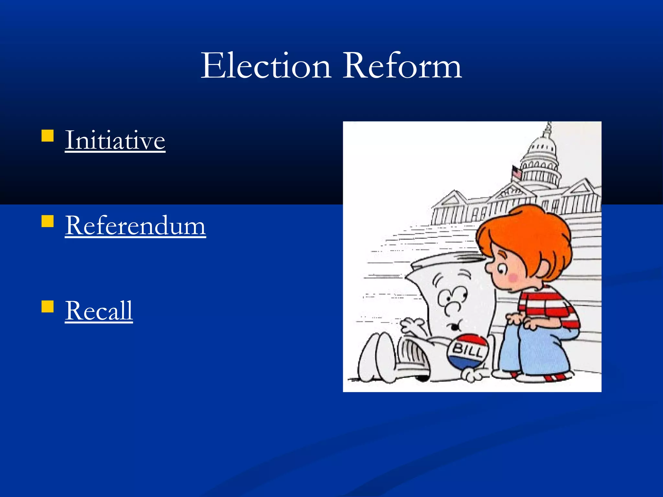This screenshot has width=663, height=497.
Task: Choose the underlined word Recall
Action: click(99, 310)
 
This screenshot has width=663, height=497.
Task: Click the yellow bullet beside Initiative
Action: click(48, 136)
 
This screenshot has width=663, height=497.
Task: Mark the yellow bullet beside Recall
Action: click(48, 306)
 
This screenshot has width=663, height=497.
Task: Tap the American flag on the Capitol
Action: click(517, 172)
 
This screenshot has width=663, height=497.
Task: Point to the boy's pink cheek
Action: click(513, 277)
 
